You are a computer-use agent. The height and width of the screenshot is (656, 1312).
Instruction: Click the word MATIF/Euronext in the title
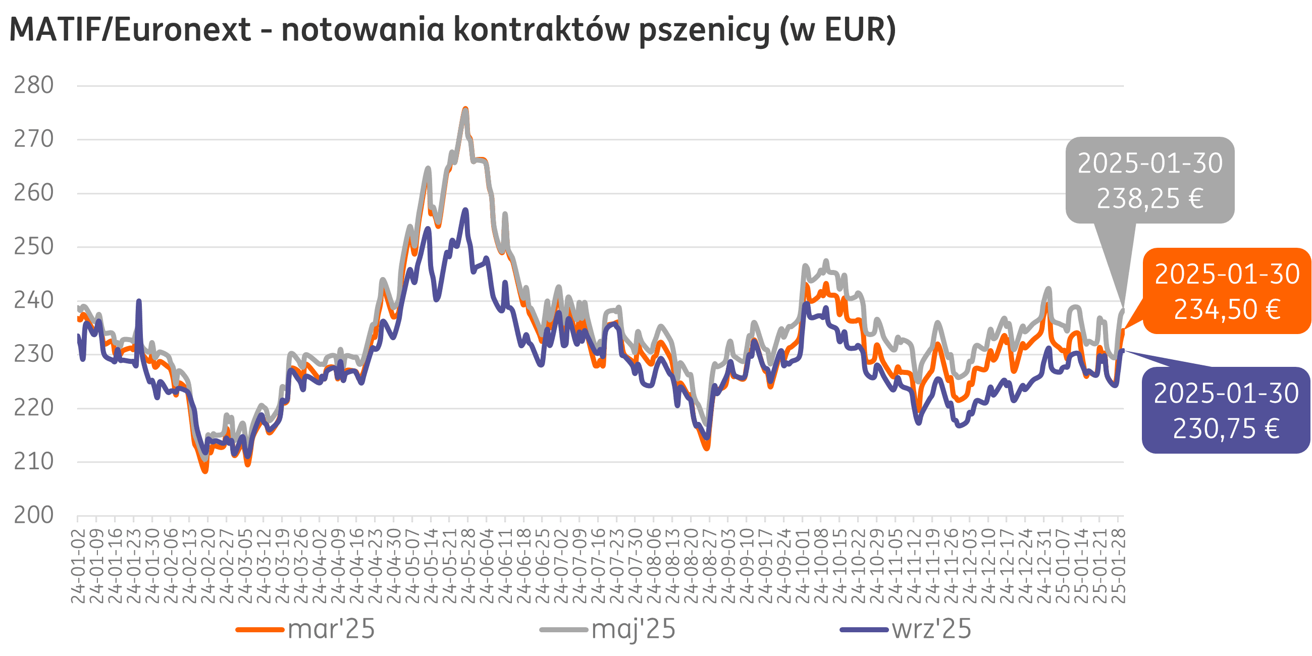tap(130, 30)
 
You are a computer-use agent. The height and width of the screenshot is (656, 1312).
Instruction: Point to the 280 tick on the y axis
tap(34, 86)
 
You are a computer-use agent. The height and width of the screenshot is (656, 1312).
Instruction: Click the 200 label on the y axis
tap(34, 515)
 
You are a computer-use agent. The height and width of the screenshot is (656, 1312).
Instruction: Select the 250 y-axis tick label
tap(34, 247)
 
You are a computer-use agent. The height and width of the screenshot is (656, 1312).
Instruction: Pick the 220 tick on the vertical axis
tap(34, 408)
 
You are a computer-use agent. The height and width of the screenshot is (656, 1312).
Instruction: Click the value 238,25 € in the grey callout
tap(1149, 199)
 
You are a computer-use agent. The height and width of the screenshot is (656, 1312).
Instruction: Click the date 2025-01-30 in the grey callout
tap(1149, 163)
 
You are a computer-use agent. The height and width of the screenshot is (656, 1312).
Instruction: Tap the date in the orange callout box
tap(1227, 275)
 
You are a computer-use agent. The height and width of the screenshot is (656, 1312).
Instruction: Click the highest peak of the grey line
tap(465, 110)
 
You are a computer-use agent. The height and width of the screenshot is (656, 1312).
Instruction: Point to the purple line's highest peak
tap(465, 210)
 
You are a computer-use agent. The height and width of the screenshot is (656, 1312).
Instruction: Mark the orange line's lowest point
tap(205, 471)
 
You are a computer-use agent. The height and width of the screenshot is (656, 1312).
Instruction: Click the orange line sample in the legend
tap(260, 630)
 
